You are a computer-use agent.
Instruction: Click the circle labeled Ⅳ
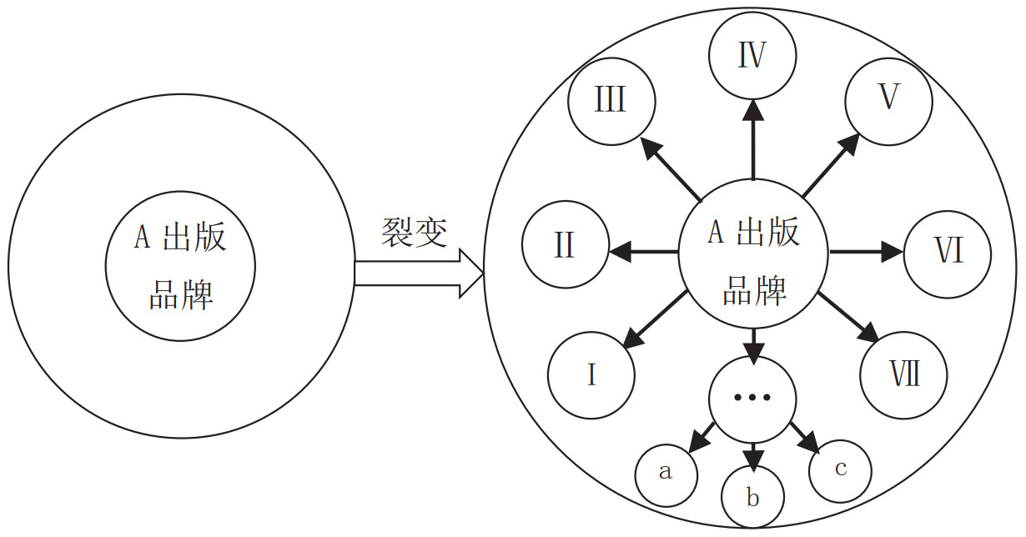[x=752, y=57]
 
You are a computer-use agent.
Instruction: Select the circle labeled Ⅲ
[x=611, y=102]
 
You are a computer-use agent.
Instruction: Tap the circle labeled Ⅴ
[x=888, y=98]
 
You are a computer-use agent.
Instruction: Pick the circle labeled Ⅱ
[x=565, y=245]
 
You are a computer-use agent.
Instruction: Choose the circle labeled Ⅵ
[x=948, y=250]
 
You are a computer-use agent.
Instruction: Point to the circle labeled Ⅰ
[x=591, y=374]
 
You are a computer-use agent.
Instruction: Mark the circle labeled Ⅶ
[x=904, y=374]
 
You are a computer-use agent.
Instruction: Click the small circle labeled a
[x=666, y=473]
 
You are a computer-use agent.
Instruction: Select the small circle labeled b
[x=752, y=498]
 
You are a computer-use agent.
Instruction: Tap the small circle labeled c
[x=840, y=469]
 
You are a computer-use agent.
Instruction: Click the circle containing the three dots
[x=752, y=398]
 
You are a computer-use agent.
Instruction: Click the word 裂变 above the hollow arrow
[x=415, y=232]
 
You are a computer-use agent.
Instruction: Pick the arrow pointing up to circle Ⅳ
[x=752, y=138]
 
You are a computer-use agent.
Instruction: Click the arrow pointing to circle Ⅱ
[x=642, y=249]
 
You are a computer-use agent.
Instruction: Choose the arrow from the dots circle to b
[x=752, y=454]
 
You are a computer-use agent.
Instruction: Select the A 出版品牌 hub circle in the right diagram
[x=752, y=253]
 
